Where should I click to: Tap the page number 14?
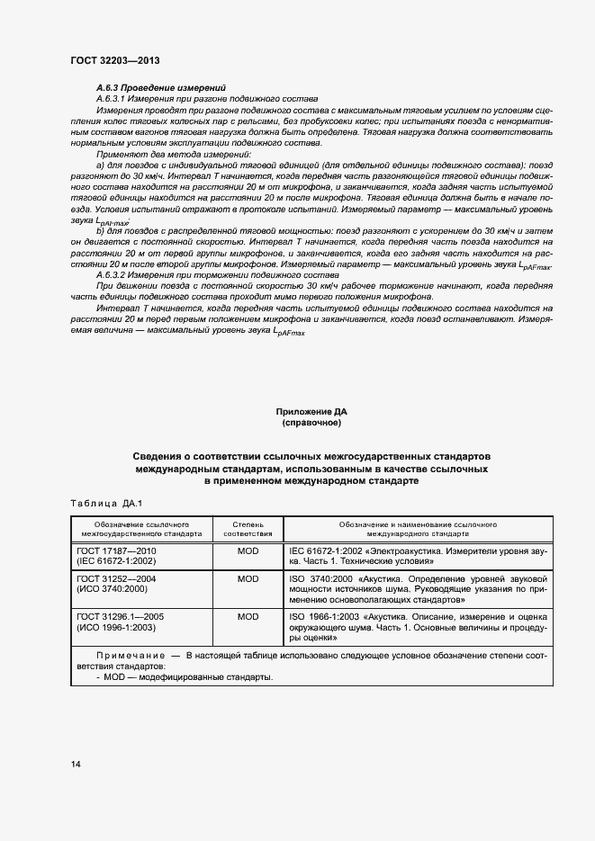[76, 764]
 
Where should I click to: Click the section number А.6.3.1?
[113, 98]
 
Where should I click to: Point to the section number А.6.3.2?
[113, 275]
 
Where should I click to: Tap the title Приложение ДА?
[311, 411]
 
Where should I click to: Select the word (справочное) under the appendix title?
[311, 423]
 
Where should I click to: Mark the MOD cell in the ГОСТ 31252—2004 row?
[247, 578]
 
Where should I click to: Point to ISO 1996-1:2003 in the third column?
[323, 617]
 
